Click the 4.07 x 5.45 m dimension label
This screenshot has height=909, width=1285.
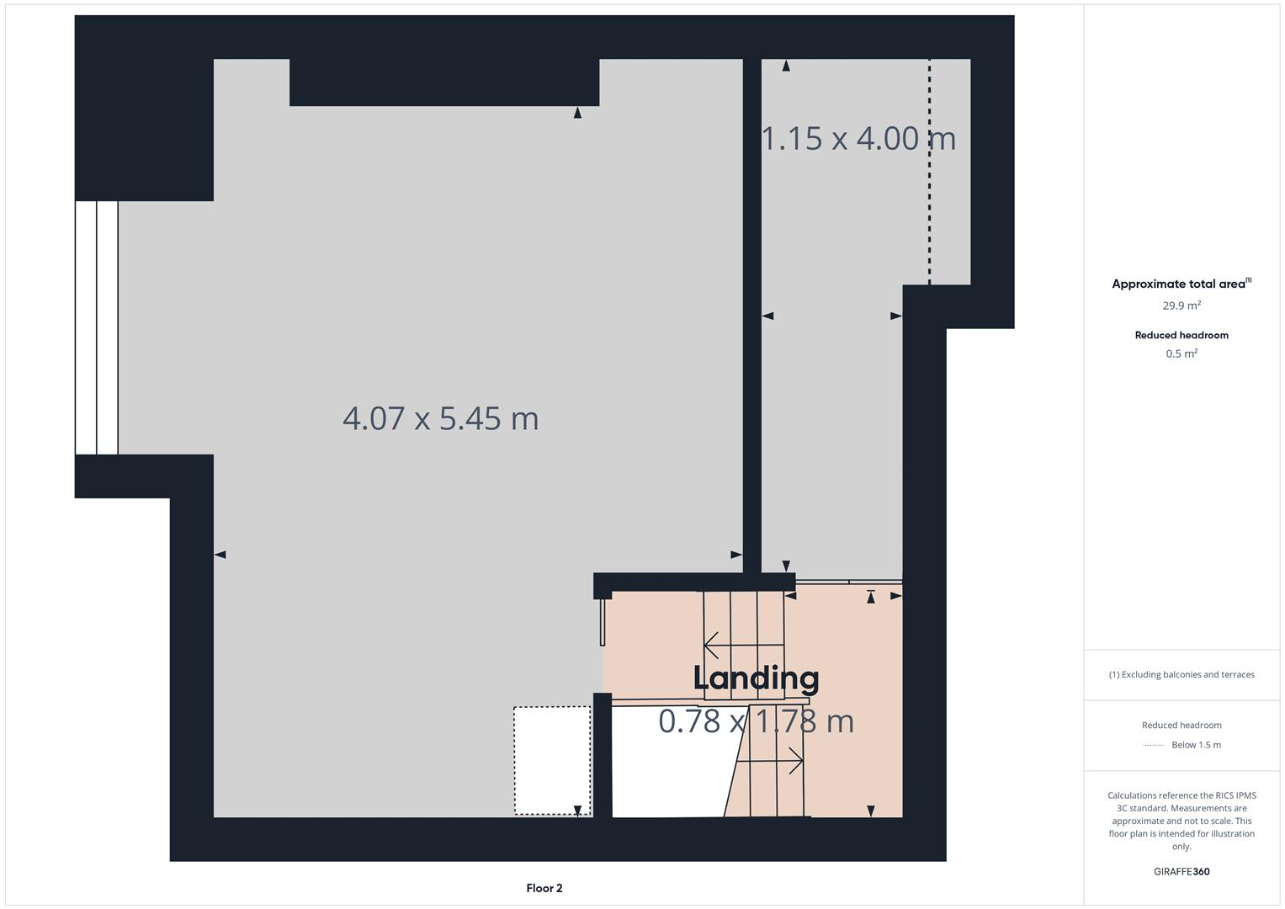(x=440, y=418)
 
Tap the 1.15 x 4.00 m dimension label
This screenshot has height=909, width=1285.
(x=858, y=138)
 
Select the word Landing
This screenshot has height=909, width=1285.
(x=756, y=678)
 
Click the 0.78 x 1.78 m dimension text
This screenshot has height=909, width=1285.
(x=756, y=721)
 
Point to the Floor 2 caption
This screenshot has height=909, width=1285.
(x=544, y=888)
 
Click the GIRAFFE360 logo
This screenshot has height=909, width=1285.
(x=1181, y=871)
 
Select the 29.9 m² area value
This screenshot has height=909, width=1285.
(x=1181, y=306)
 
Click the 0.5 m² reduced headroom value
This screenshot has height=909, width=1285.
(x=1181, y=353)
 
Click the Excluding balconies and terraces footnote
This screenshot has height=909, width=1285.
(x=1181, y=674)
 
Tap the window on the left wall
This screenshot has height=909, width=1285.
(x=96, y=327)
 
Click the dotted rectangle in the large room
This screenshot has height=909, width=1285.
(x=552, y=760)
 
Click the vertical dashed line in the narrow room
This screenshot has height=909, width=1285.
(x=929, y=172)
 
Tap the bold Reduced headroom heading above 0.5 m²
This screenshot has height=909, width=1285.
(x=1181, y=335)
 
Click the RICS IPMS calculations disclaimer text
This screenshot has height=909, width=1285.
(x=1181, y=821)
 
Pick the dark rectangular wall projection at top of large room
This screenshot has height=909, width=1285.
(x=444, y=82)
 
